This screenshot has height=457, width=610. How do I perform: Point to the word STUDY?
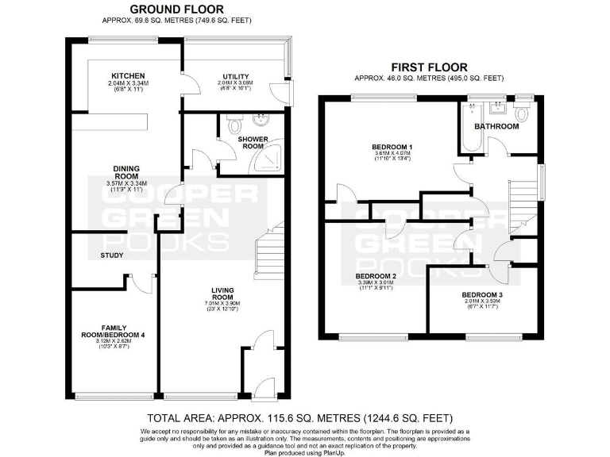point(111,255)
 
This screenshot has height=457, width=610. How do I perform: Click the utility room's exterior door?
point(290,92)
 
